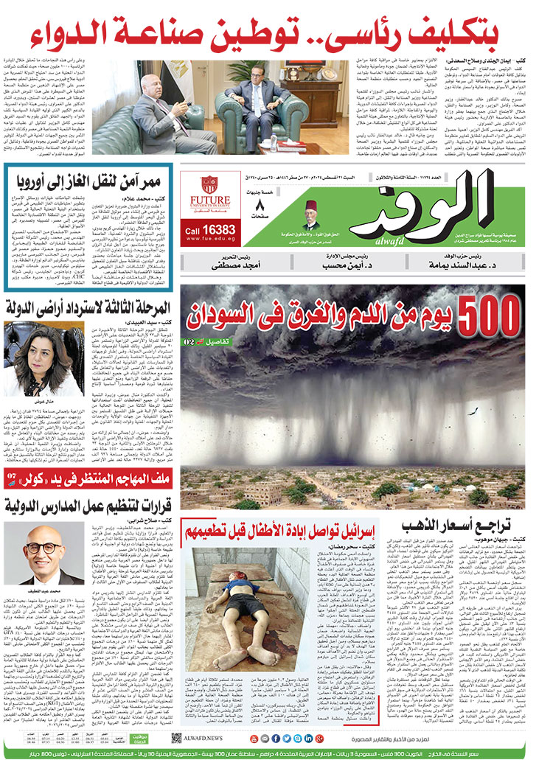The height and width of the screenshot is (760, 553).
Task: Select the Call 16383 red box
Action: [210, 230]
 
